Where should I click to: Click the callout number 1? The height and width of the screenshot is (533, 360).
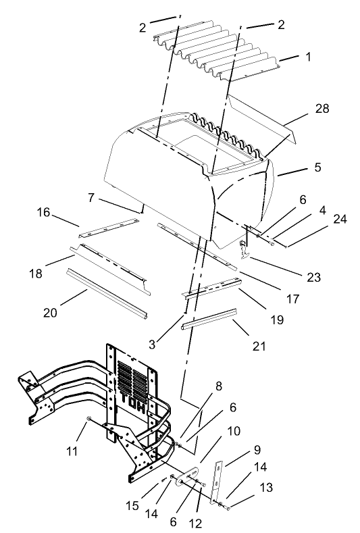pyautogui.click(x=308, y=57)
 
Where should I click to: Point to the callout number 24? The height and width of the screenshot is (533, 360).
pyautogui.click(x=339, y=219)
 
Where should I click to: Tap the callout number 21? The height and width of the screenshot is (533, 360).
pyautogui.click(x=259, y=347)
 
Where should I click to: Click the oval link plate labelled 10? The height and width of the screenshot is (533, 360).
pyautogui.click(x=189, y=474)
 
